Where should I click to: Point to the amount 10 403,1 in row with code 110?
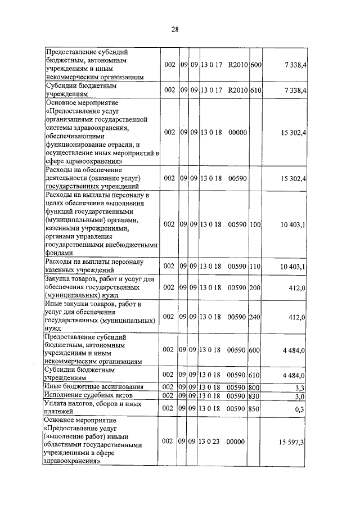[x=292, y=266]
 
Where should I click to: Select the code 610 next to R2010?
[x=255, y=90]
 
